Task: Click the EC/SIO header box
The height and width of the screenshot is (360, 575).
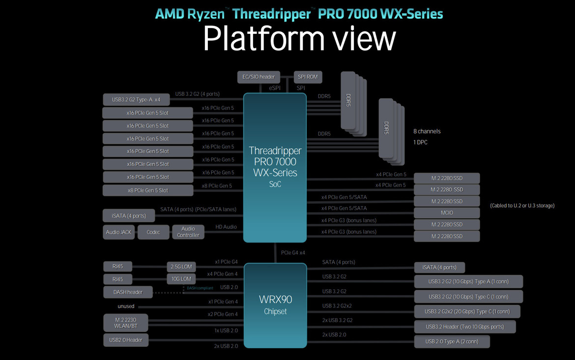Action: tap(259, 77)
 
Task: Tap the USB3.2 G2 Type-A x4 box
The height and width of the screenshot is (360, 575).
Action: tap(136, 100)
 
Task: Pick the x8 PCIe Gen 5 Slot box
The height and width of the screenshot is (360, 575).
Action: tap(147, 190)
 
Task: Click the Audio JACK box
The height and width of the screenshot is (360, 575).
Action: tap(118, 232)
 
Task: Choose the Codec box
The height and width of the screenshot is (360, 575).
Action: tap(153, 232)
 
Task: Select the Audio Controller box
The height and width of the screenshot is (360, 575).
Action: tap(188, 232)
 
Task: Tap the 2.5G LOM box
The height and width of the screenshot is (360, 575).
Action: tap(181, 267)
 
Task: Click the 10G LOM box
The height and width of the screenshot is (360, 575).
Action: tap(181, 279)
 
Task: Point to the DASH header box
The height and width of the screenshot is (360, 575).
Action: tap(128, 292)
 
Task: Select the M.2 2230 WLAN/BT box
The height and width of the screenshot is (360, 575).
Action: tap(125, 323)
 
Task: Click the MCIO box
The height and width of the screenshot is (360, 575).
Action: tap(447, 213)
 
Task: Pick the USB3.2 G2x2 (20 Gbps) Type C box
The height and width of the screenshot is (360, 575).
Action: tap(467, 311)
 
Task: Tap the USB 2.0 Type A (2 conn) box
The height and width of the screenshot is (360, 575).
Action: tap(452, 341)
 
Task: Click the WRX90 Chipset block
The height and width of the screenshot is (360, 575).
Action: tap(275, 305)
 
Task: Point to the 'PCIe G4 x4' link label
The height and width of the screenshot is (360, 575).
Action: tap(293, 252)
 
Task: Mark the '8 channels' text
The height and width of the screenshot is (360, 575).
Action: tap(427, 132)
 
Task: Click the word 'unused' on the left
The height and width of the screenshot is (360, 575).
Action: tap(126, 306)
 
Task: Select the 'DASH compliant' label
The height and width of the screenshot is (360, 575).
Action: tap(200, 288)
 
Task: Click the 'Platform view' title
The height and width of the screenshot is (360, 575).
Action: tap(299, 38)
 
